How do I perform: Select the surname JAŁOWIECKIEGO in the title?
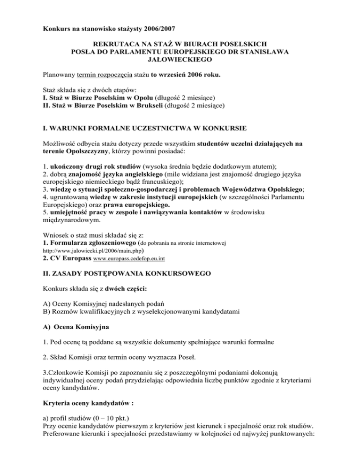pyautogui.click(x=180, y=60)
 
